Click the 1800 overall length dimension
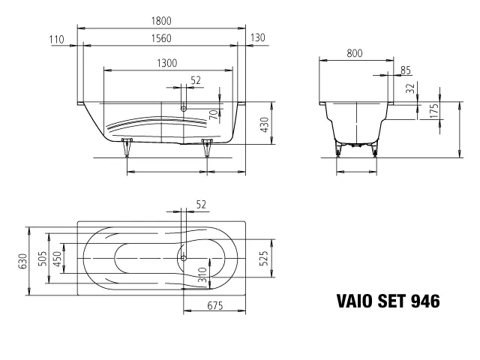point(163,22)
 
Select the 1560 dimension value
point(163,39)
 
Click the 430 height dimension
point(264,125)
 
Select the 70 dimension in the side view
point(213,115)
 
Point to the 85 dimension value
point(406,70)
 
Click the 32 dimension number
point(410,88)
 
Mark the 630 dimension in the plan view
point(22,261)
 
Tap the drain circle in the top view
point(181,256)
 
